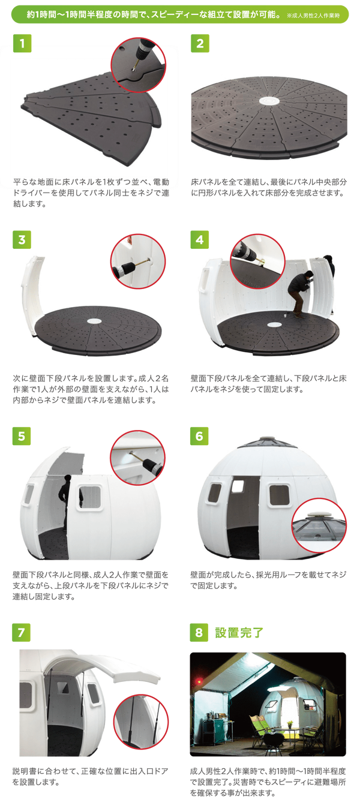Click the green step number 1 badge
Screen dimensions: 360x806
pyautogui.click(x=22, y=44)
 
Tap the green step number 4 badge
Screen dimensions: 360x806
pyautogui.click(x=199, y=240)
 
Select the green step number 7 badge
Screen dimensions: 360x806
pyautogui.click(x=22, y=632)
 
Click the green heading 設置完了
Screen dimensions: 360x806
pyautogui.click(x=239, y=632)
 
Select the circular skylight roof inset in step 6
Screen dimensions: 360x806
pyautogui.click(x=319, y=525)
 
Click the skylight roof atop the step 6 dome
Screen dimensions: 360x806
pyautogui.click(x=267, y=443)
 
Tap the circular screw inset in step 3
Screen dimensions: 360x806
pyautogui.click(x=138, y=261)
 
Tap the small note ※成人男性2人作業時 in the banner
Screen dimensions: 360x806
pyautogui.click(x=313, y=16)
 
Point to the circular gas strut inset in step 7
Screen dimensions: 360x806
pyautogui.click(x=141, y=722)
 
